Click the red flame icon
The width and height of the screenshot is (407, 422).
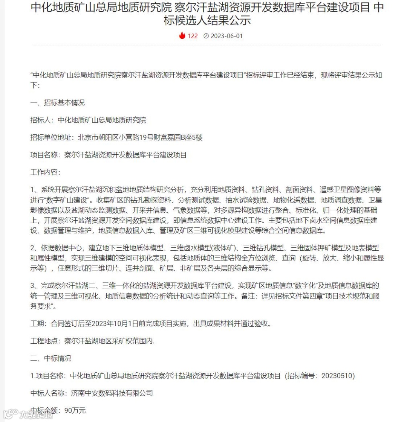[x=182, y=36]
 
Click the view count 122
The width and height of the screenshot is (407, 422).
[x=193, y=36]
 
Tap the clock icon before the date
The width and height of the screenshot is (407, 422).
[x=206, y=36]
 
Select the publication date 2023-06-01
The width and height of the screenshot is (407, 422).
[x=226, y=36]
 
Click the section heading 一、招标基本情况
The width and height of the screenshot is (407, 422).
[x=58, y=103]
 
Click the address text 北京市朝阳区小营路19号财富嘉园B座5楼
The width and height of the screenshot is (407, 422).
[x=140, y=138]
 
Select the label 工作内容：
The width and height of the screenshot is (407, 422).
[x=45, y=172]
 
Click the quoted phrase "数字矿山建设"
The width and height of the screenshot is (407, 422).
[x=67, y=199]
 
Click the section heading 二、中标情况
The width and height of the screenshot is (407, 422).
[x=51, y=358]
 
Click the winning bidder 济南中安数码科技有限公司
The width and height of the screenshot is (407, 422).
[x=112, y=393]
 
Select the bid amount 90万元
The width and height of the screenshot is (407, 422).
[x=75, y=410]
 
